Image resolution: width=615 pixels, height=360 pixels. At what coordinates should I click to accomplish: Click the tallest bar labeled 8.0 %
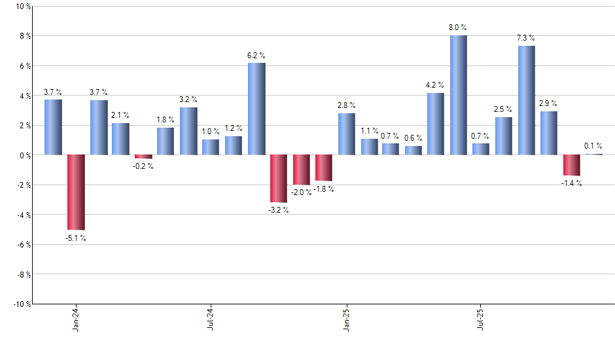(x=459, y=95)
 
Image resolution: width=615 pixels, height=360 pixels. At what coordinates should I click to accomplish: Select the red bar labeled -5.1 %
(x=76, y=192)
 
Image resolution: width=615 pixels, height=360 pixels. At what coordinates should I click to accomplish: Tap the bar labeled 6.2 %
(x=256, y=109)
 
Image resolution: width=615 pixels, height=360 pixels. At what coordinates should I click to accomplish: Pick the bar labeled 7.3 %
(x=527, y=100)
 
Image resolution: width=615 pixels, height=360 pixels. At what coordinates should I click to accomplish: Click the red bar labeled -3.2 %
(x=279, y=179)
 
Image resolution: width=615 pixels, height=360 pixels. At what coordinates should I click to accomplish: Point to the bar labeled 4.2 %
(x=436, y=124)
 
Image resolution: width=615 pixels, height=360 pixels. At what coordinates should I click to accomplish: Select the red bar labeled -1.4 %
(x=572, y=165)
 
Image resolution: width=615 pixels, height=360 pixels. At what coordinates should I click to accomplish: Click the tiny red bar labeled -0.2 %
(x=143, y=156)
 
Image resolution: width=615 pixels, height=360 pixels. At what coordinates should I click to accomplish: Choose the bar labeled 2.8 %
(x=347, y=134)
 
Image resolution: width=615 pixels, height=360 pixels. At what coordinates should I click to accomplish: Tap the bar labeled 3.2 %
(x=188, y=131)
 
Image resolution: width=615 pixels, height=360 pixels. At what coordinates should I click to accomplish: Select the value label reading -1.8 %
(x=323, y=189)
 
